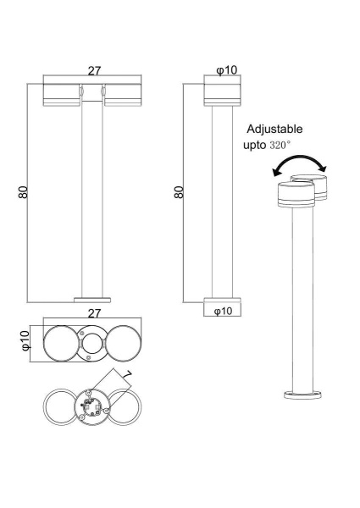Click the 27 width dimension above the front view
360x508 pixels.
click(93, 73)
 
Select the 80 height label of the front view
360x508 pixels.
click(23, 193)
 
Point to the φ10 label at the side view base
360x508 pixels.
click(223, 312)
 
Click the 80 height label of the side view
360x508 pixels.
click(179, 193)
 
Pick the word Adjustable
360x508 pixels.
click(274, 130)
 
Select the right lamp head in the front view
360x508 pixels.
click(120, 95)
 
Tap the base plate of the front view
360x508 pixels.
click(91, 300)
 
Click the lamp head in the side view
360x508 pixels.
click(223, 92)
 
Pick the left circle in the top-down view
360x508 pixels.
click(58, 343)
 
